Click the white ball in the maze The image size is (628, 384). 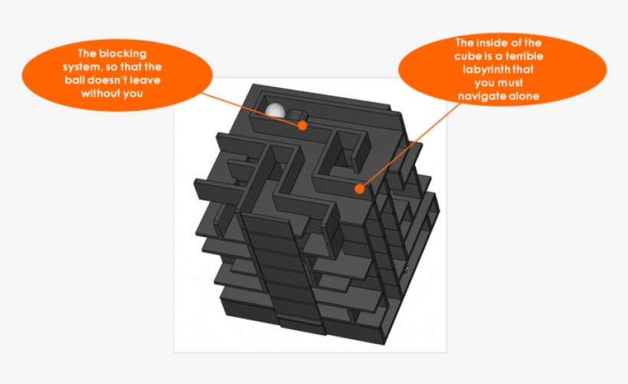tap(275, 111)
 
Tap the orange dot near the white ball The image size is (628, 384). tap(303, 125)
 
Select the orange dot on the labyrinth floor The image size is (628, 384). tap(360, 188)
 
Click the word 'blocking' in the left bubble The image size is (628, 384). tap(123, 54)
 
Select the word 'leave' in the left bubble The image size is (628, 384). tap(146, 80)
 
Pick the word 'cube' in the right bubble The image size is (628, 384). tap(466, 56)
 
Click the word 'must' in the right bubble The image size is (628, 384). tap(512, 83)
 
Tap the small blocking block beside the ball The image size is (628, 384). tap(299, 115)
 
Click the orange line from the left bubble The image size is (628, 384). tap(250, 109)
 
